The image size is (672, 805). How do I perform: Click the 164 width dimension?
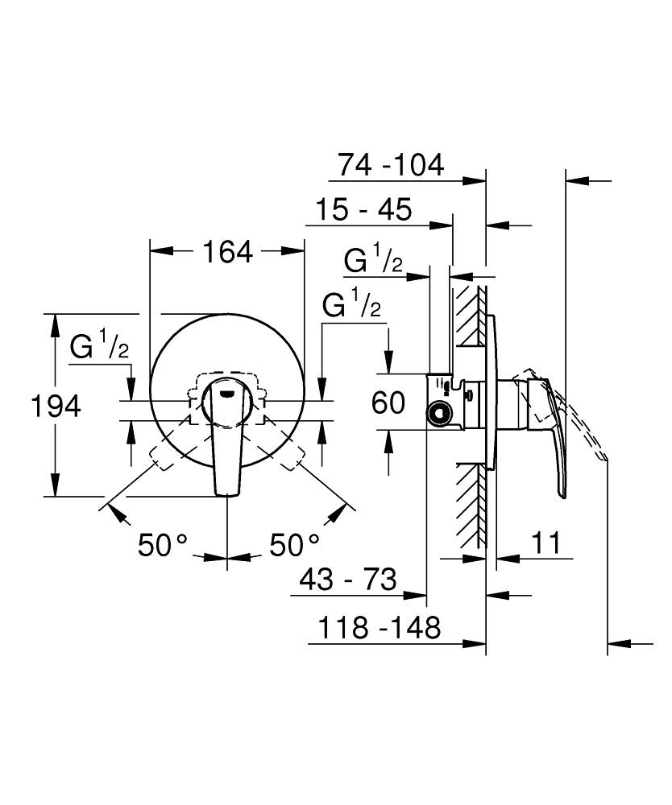pyautogui.click(x=227, y=253)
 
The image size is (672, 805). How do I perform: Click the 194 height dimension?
pyautogui.click(x=56, y=406)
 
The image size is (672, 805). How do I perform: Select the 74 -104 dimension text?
pyautogui.click(x=391, y=165)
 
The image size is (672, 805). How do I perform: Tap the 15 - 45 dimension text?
pyautogui.click(x=363, y=209)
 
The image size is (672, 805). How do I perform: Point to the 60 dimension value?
pyautogui.click(x=388, y=402)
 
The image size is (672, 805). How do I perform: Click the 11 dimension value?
pyautogui.click(x=546, y=542)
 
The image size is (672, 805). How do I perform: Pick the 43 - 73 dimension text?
pyautogui.click(x=348, y=580)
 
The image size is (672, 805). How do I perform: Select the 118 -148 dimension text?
pyautogui.click(x=380, y=627)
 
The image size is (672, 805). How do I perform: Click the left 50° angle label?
pyautogui.click(x=163, y=544)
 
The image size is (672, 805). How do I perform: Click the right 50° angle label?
pyautogui.click(x=294, y=544)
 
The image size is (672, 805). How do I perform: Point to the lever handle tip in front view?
pyautogui.click(x=227, y=494)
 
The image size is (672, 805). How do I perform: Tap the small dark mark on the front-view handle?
pyautogui.click(x=227, y=394)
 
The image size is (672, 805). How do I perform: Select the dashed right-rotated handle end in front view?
pyautogui.click(x=292, y=457)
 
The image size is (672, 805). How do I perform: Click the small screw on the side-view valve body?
pyautogui.click(x=468, y=395)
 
